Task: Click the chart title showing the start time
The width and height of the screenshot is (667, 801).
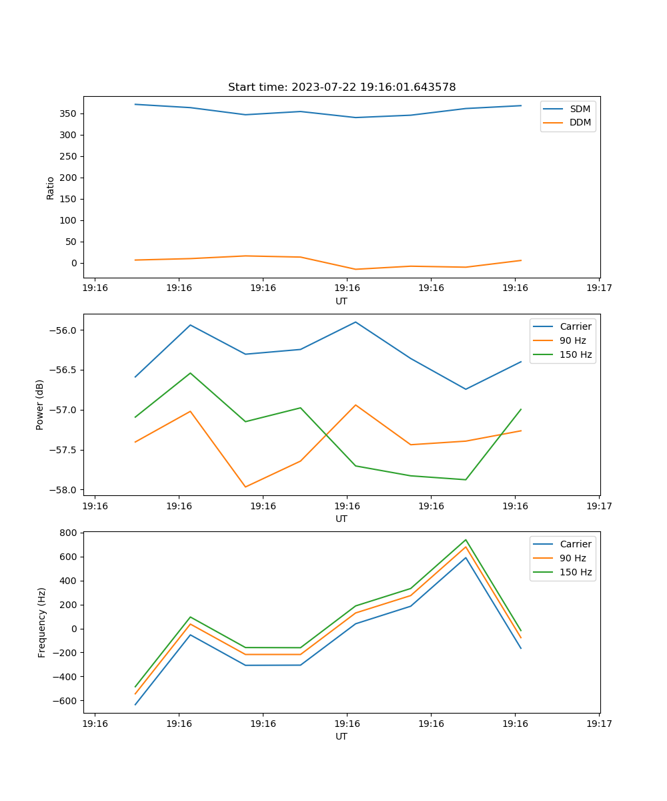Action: tap(342, 87)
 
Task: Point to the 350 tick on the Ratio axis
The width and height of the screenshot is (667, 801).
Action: tap(68, 113)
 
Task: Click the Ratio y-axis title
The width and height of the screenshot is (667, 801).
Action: tap(51, 188)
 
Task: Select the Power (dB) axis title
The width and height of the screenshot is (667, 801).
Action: tap(40, 405)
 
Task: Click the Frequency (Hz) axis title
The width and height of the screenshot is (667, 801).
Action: tap(42, 622)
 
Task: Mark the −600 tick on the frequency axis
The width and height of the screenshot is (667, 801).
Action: tap(65, 701)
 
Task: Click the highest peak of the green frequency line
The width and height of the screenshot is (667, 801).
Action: tap(466, 540)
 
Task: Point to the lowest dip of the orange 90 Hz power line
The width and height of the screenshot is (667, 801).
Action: tap(245, 487)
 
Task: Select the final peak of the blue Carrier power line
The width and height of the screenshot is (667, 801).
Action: tap(356, 322)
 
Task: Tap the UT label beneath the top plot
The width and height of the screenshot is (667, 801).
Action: tap(342, 301)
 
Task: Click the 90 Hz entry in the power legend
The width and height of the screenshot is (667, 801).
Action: tap(573, 340)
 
